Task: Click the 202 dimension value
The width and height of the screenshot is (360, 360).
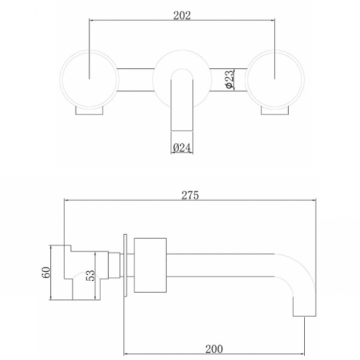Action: click(181, 16)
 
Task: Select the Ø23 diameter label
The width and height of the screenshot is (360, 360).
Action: click(229, 80)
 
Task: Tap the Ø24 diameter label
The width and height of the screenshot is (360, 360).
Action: click(182, 148)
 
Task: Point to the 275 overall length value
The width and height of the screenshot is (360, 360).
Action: click(190, 195)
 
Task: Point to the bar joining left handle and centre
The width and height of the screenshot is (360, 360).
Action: click(135, 80)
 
